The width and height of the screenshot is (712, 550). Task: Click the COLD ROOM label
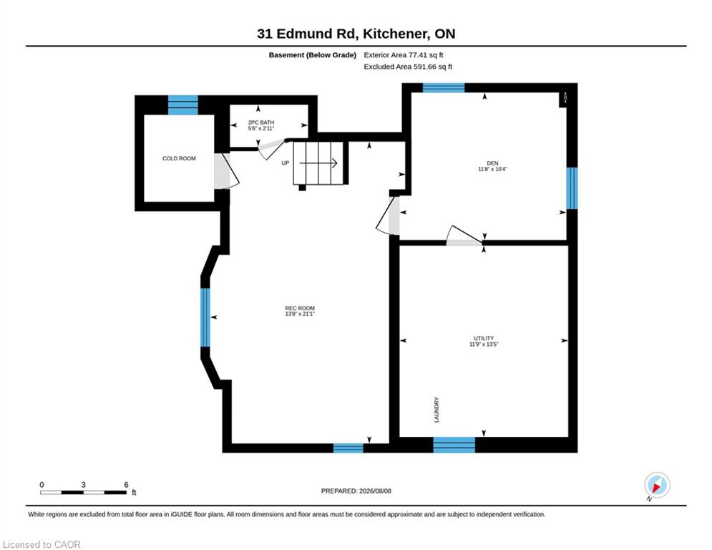point(179,159)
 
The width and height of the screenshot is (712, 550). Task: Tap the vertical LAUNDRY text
point(437,410)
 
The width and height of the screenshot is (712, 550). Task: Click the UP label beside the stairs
point(286,163)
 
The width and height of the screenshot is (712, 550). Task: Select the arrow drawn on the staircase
point(318,163)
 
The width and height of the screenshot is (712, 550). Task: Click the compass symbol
point(657,485)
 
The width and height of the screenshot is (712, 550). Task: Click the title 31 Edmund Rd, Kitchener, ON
point(356,34)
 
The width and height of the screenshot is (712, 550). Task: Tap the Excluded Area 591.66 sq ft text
point(408,67)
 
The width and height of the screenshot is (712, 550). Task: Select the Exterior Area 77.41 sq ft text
point(403,55)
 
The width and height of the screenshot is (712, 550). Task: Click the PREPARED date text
point(356,491)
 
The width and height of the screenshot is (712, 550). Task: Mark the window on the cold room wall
point(183,105)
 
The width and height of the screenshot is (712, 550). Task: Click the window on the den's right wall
point(572,188)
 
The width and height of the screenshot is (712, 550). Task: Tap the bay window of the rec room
point(205,317)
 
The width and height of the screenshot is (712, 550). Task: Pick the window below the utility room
point(454,445)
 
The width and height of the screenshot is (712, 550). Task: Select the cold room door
point(225,171)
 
